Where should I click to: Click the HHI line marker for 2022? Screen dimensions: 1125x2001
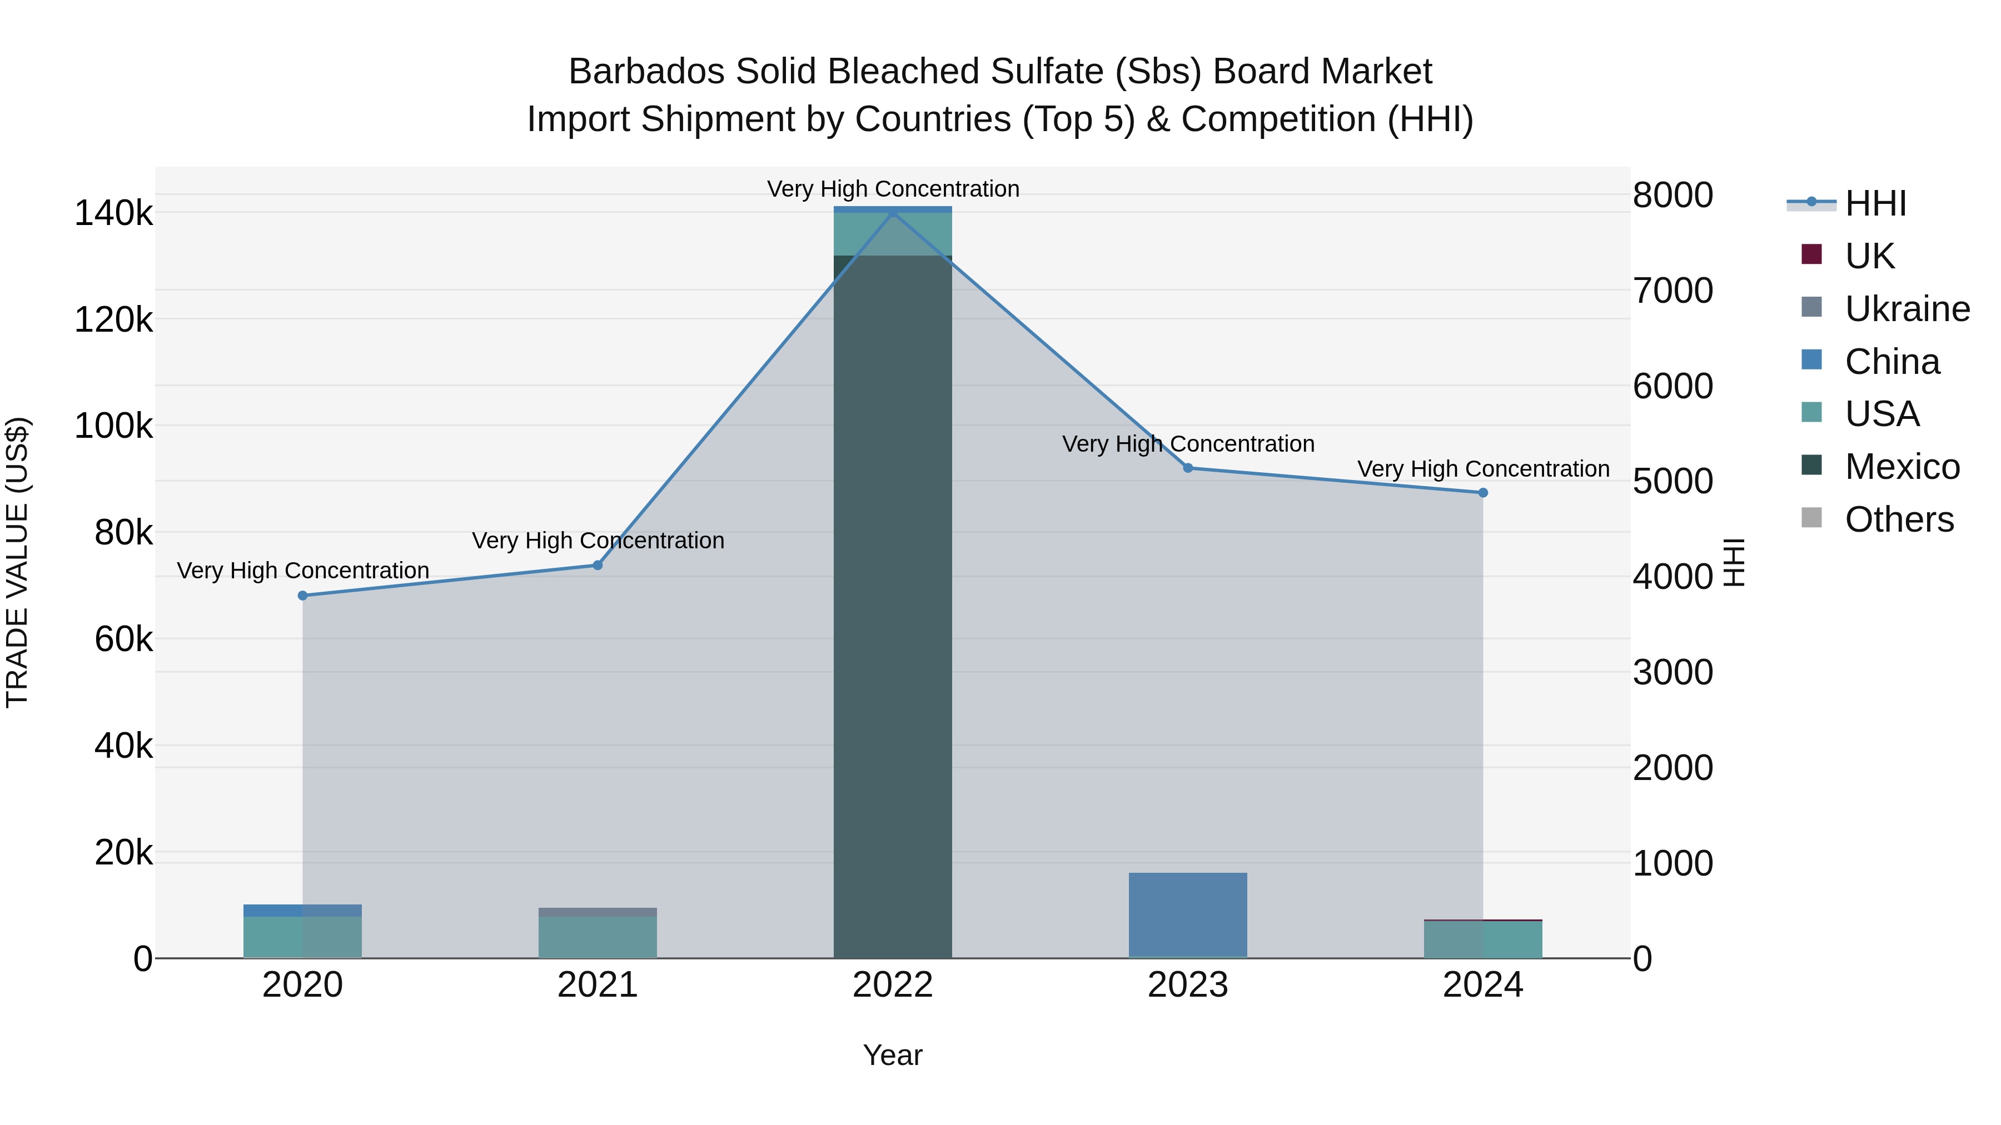point(893,212)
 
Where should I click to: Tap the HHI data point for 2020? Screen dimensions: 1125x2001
point(303,596)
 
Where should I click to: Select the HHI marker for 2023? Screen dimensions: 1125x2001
point(1188,468)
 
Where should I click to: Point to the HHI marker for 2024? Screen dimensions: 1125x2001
point(1483,493)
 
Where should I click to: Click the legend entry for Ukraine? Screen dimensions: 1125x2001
point(1907,309)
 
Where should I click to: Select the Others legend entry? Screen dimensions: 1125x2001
point(1899,519)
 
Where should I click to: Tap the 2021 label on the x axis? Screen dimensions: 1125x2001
point(598,985)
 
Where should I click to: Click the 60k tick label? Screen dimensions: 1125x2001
point(123,640)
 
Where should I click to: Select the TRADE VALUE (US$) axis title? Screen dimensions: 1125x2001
point(17,562)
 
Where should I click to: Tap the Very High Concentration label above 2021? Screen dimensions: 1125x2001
point(598,541)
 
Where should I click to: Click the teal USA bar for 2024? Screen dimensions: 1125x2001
point(1483,939)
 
